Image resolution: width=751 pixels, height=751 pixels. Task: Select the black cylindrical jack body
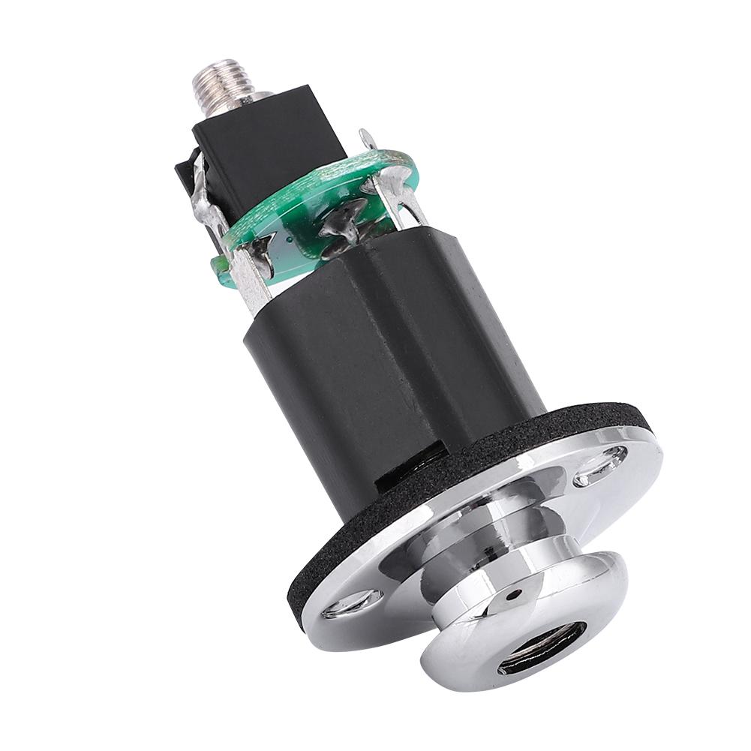(390, 360)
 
